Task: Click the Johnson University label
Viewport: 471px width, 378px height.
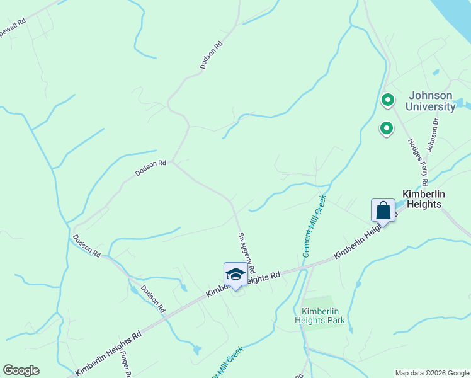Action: [x=430, y=101]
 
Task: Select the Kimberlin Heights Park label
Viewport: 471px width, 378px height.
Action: [x=323, y=316]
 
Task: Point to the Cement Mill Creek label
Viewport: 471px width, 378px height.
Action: [x=314, y=226]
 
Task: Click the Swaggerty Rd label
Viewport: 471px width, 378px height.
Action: [x=246, y=252]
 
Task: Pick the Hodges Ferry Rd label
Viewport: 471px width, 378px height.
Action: [x=417, y=161]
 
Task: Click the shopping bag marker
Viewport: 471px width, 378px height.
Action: [x=383, y=210]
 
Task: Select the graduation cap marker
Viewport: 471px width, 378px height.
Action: [x=235, y=274]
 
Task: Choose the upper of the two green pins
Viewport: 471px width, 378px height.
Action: [x=388, y=100]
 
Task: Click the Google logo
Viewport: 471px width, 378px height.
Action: [x=21, y=370]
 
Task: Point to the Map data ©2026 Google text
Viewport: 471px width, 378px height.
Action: [x=432, y=373]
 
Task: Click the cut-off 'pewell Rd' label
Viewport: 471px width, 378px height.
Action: [x=13, y=26]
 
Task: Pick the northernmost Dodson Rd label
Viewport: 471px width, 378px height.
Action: [x=212, y=55]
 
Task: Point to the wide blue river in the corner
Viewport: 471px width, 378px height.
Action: [x=455, y=16]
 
